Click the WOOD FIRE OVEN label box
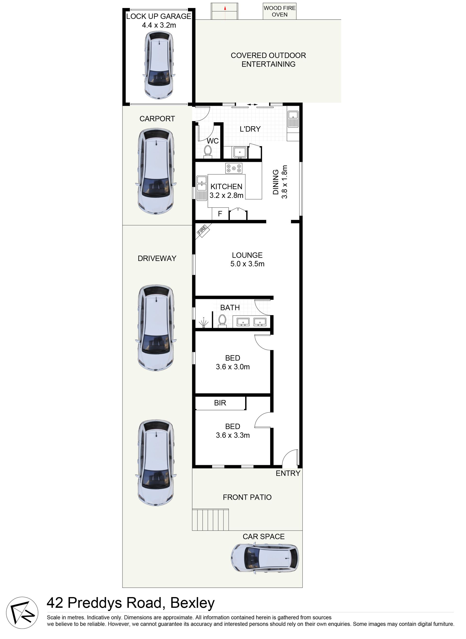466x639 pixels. pyautogui.click(x=279, y=11)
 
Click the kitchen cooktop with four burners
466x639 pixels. pyautogui.click(x=234, y=169)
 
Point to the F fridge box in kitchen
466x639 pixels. pyautogui.click(x=220, y=214)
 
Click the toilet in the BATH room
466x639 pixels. pyautogui.click(x=222, y=321)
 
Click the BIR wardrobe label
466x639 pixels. pyautogui.click(x=220, y=403)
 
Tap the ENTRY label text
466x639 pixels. pyautogui.click(x=288, y=473)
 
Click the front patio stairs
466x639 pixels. pyautogui.click(x=210, y=520)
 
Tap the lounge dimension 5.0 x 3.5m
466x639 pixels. pyautogui.click(x=247, y=264)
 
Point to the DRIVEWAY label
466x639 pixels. pyautogui.click(x=157, y=258)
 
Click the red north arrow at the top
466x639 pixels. pyautogui.click(x=225, y=8)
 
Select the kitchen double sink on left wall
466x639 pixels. pyautogui.click(x=201, y=188)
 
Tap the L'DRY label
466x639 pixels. pyautogui.click(x=250, y=129)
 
